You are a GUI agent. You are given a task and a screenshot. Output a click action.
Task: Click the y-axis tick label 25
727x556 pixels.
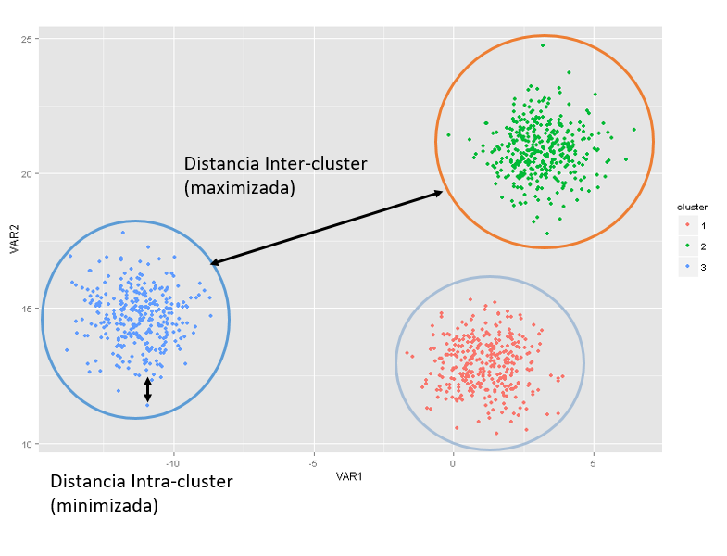coord(28,39)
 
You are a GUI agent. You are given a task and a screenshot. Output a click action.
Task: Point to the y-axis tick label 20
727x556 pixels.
coord(28,173)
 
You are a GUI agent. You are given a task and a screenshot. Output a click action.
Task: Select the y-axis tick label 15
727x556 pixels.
coord(28,309)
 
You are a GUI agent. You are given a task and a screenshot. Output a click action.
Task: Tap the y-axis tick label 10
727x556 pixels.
coord(28,444)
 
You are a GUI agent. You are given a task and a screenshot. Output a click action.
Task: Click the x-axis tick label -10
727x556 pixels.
coord(172,461)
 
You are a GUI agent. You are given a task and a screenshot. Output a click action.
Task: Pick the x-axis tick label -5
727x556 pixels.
coord(313,461)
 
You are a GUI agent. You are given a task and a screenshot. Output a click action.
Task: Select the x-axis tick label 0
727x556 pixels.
coord(453,461)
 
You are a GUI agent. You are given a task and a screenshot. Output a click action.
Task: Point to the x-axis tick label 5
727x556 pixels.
coord(594,461)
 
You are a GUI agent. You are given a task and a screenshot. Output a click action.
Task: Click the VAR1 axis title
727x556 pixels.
coord(349,477)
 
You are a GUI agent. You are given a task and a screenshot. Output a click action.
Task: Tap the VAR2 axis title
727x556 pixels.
coord(14,241)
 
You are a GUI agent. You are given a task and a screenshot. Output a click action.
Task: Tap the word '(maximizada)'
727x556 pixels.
coord(240,188)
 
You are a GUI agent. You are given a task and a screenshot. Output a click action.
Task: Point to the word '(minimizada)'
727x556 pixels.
coord(104,506)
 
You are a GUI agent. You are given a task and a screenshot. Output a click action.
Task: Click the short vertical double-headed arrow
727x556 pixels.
coord(147,389)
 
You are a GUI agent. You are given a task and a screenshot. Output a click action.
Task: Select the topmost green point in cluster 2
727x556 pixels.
coord(543,45)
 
